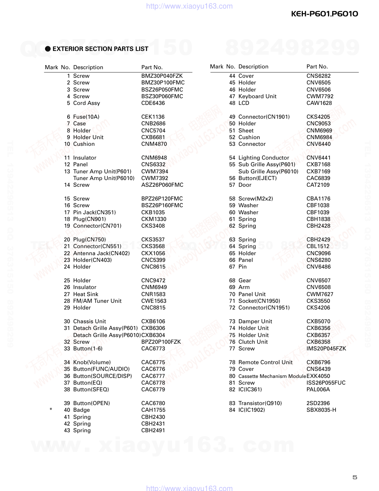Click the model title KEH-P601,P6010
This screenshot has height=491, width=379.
324,14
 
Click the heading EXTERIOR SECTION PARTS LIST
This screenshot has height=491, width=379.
100,49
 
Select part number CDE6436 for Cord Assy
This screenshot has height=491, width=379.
153,103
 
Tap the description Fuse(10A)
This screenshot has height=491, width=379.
86,117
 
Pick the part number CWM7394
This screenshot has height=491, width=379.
155,171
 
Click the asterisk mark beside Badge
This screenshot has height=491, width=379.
51,410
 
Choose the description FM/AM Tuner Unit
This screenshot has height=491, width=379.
97,301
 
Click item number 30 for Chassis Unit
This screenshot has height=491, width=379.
67,321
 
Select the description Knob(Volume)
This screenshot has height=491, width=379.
92,362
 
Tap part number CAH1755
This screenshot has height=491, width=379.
153,410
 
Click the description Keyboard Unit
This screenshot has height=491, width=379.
257,96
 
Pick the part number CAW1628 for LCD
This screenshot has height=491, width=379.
319,103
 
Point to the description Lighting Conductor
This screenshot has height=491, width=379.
263,158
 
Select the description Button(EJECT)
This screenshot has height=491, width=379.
257,178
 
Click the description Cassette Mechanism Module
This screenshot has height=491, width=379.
272,376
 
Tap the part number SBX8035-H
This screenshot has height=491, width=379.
321,410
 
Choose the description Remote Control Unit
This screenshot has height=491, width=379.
265,362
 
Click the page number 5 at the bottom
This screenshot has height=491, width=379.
355,477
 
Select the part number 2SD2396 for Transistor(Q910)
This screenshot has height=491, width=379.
318,403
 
